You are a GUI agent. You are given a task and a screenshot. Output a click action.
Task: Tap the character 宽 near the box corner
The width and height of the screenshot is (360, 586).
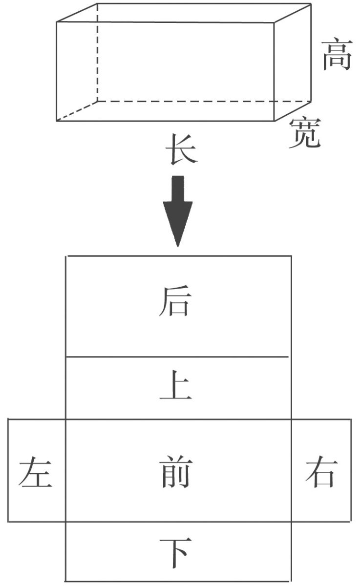[304, 133]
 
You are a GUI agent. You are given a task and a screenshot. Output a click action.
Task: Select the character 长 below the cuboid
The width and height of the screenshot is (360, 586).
[181, 149]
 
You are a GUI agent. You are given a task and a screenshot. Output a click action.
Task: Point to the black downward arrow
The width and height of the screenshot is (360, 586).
[178, 210]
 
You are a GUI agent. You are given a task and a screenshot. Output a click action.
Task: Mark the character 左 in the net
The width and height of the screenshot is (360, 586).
[35, 473]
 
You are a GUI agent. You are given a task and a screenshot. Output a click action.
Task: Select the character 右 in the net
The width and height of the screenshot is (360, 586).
[321, 472]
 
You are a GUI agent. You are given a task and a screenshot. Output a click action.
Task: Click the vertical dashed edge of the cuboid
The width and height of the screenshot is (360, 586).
[97, 54]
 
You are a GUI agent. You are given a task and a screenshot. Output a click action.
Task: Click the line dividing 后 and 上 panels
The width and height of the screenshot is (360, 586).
[178, 357]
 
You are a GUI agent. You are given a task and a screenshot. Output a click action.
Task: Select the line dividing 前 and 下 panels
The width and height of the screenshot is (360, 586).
[178, 522]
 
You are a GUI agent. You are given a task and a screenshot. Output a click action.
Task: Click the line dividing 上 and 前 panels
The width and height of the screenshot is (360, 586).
[178, 419]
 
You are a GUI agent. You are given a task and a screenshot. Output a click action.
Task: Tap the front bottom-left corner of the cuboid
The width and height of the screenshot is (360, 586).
[57, 121]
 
